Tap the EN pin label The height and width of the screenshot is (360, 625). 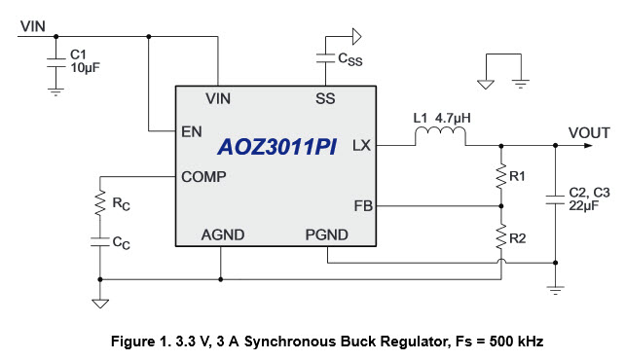pos(192,130)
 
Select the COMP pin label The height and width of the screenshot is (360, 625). pos(203,177)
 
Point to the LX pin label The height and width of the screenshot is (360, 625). pos(361,145)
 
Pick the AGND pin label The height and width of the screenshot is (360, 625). pos(222,235)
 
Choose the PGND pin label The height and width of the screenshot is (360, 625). pos(327,235)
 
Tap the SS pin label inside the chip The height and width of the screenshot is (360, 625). pos(325,98)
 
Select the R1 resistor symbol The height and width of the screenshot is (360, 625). pos(501,176)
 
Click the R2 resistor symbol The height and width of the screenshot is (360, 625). pos(501,236)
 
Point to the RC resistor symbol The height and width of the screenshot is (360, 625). pos(98,204)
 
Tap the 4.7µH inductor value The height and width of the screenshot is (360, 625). pos(455,118)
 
